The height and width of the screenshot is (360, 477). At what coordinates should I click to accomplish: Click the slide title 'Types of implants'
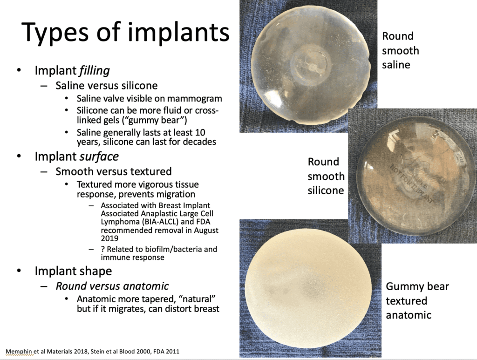(126, 33)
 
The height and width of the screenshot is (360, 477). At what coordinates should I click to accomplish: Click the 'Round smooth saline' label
(400, 50)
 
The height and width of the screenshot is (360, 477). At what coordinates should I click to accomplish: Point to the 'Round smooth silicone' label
(326, 176)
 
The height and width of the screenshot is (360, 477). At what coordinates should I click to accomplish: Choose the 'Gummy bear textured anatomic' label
(417, 300)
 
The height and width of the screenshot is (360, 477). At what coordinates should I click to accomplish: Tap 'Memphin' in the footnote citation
(18, 351)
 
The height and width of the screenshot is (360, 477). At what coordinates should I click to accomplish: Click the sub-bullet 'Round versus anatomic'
(112, 285)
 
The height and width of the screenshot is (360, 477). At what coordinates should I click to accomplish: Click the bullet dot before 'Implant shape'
(19, 271)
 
